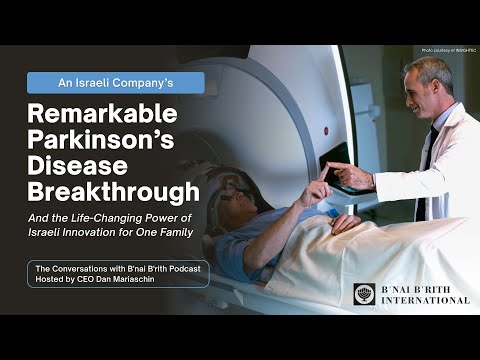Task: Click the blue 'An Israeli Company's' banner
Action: point(115,82)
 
